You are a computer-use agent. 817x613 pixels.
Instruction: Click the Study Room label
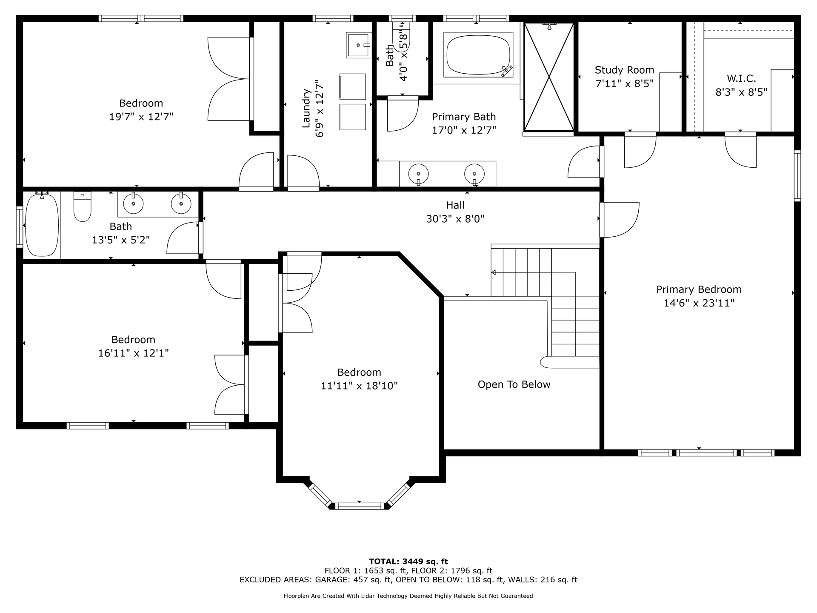pyautogui.click(x=624, y=70)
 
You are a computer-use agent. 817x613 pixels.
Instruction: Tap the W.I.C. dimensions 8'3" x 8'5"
pyautogui.click(x=741, y=92)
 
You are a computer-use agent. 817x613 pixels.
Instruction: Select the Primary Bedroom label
pyautogui.click(x=699, y=289)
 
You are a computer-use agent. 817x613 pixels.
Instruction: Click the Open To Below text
pyautogui.click(x=514, y=384)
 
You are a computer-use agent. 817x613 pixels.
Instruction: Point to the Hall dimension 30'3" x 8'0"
pyautogui.click(x=455, y=219)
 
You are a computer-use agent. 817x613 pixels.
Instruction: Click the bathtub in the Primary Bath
pyautogui.click(x=478, y=54)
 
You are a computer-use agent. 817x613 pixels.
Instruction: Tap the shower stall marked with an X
pyautogui.click(x=549, y=77)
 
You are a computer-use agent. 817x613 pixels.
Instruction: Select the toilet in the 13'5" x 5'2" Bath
pyautogui.click(x=83, y=206)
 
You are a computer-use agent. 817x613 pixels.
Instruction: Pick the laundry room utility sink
pyautogui.click(x=358, y=44)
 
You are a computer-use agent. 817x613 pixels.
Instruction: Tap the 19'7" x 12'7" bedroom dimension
pyautogui.click(x=141, y=117)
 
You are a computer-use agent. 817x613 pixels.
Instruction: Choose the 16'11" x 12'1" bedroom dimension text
pyautogui.click(x=134, y=353)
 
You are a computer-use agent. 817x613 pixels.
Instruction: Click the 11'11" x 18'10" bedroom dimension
pyautogui.click(x=359, y=386)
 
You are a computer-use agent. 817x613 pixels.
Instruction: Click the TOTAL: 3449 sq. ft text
pyautogui.click(x=408, y=561)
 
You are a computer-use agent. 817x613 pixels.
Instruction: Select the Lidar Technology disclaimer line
pyautogui.click(x=408, y=596)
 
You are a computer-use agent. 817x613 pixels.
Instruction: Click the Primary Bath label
pyautogui.click(x=464, y=117)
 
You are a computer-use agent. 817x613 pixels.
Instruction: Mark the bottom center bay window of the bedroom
pyautogui.click(x=360, y=506)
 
